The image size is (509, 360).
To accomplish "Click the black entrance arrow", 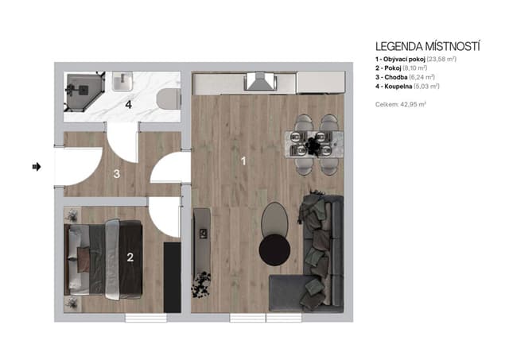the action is (37, 167).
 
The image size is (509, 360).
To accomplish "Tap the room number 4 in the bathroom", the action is (129, 105).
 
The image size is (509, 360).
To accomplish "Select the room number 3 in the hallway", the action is (117, 174).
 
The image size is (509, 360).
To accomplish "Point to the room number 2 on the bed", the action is (130, 257).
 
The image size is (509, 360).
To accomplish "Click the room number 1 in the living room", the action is (243, 161).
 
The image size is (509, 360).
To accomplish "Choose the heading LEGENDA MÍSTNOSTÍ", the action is (428, 46).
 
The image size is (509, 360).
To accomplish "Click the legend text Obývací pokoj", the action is (404, 59).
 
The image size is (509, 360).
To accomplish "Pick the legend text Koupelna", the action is (398, 87).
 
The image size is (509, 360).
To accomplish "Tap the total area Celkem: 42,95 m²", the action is (401, 104).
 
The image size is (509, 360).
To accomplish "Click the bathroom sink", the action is (122, 81).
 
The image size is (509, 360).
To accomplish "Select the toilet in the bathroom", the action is (169, 99).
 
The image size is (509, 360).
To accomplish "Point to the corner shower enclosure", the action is (84, 91).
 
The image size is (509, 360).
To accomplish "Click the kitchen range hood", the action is (261, 81).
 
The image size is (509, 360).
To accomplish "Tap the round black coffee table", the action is (274, 250).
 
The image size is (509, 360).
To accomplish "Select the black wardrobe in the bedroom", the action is (172, 277).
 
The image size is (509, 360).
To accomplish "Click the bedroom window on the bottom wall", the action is (146, 318).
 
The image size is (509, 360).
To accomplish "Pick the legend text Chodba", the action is (396, 77).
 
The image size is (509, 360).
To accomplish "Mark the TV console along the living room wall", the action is (202, 242).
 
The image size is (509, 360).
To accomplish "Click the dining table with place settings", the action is (314, 144).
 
